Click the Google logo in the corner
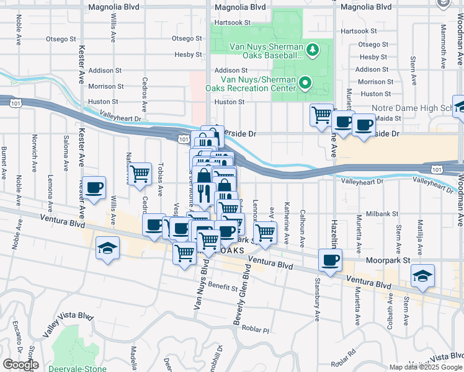[20, 365]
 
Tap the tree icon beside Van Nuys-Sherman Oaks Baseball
[313, 49]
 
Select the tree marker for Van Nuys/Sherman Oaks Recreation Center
[305, 82]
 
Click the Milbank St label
[380, 231]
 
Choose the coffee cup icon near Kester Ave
[94, 188]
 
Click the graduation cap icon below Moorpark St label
[422, 275]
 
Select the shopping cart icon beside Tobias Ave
[140, 174]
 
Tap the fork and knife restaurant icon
[204, 194]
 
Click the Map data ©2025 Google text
[426, 366]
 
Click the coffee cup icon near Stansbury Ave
[330, 260]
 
